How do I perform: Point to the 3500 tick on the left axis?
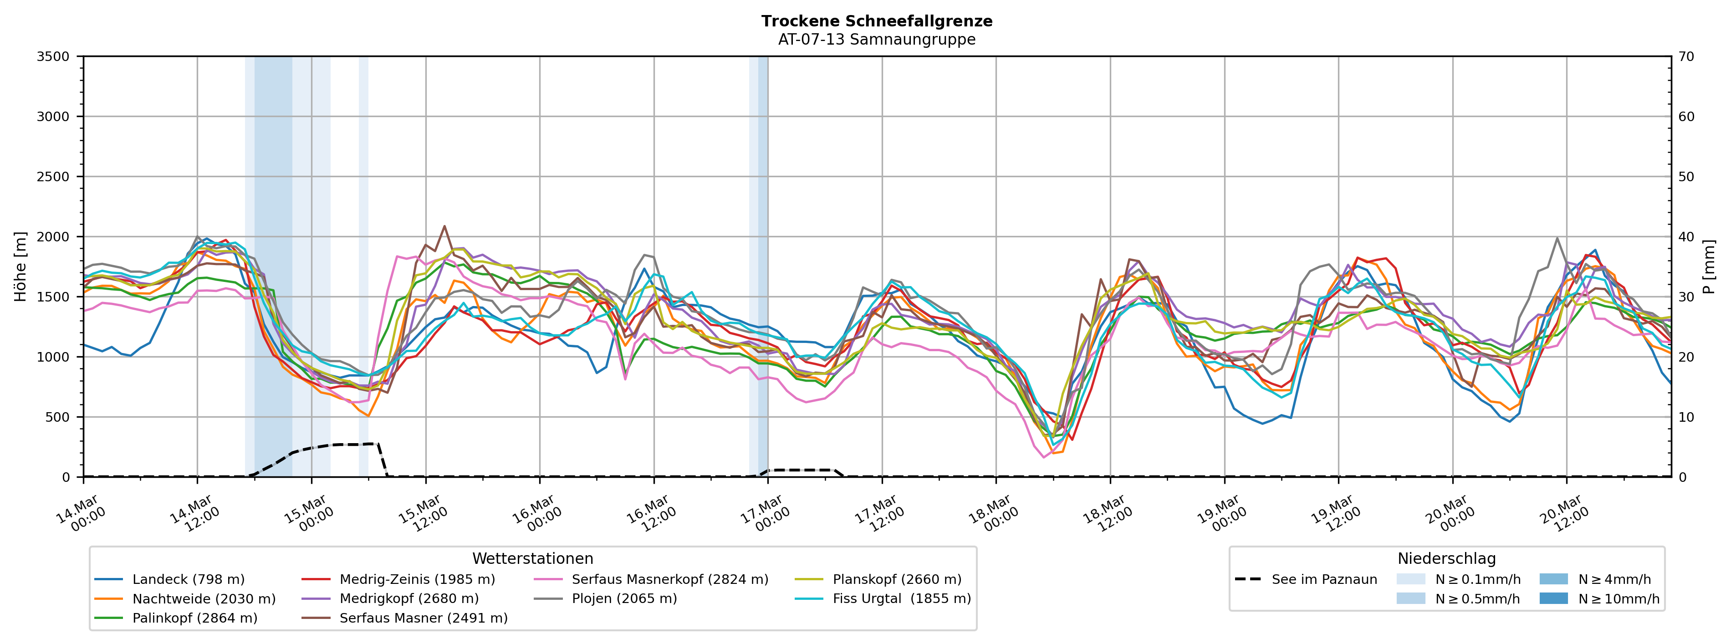[x=53, y=56]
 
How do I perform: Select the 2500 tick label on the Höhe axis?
[x=53, y=177]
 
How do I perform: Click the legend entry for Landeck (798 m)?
[x=188, y=579]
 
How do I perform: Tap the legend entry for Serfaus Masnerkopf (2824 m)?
[x=669, y=579]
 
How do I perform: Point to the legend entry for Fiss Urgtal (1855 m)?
[x=901, y=598]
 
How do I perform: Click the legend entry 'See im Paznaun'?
[x=1324, y=579]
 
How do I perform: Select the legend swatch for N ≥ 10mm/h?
[x=1553, y=598]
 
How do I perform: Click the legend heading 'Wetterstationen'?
[x=532, y=559]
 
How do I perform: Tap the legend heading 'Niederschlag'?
[x=1446, y=559]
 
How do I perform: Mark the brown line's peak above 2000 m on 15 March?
[x=444, y=226]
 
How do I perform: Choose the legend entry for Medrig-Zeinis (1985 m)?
[x=417, y=579]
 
